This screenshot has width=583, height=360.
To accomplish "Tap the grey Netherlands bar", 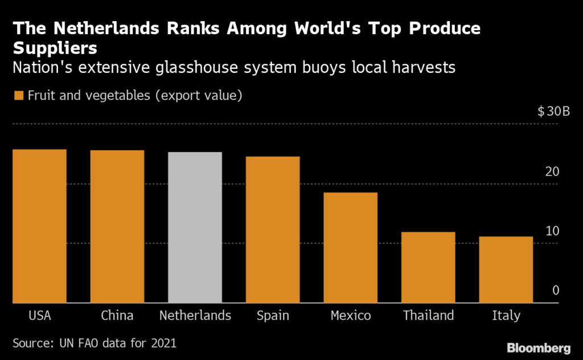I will (195, 227).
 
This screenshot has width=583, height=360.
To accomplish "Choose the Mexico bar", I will (351, 248).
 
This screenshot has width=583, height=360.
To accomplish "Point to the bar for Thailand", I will (428, 267).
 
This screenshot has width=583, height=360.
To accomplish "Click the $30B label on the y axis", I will (553, 112).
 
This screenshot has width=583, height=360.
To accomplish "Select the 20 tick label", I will (552, 171).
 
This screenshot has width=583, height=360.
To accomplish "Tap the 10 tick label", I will (552, 231).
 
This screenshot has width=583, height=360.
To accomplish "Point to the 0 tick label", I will (556, 291).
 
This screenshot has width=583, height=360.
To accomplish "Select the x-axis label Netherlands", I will (195, 316).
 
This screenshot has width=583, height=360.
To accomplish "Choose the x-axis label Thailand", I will (428, 316).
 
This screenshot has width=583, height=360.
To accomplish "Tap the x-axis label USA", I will (39, 316).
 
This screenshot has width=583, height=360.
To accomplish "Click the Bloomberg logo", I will (539, 347).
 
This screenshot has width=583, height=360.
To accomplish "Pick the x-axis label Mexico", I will (351, 316).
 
